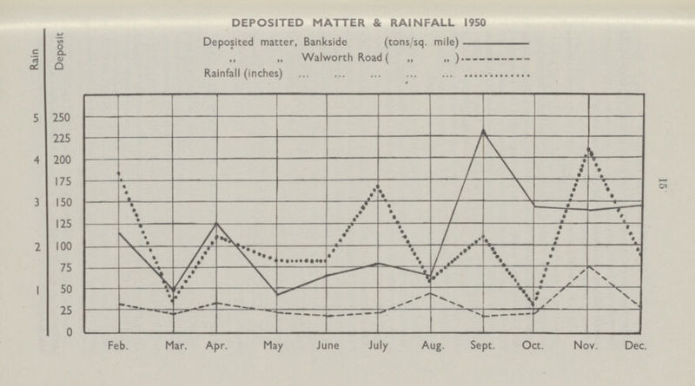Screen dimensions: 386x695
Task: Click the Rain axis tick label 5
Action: point(36,118)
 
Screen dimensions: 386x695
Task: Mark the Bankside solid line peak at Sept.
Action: point(482,131)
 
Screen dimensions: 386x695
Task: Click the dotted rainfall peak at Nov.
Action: point(589,148)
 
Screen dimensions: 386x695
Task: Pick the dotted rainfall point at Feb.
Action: point(118,173)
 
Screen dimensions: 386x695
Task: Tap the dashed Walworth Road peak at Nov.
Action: point(589,266)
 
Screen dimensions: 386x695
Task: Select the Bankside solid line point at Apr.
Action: point(217,223)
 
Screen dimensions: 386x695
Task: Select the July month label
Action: point(378,345)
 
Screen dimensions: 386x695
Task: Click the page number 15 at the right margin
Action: point(663,185)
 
